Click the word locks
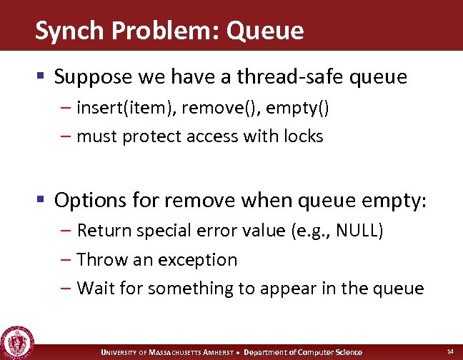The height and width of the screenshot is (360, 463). (304, 136)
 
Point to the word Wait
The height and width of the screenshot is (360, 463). (94, 288)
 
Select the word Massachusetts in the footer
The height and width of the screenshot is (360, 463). (178, 352)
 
